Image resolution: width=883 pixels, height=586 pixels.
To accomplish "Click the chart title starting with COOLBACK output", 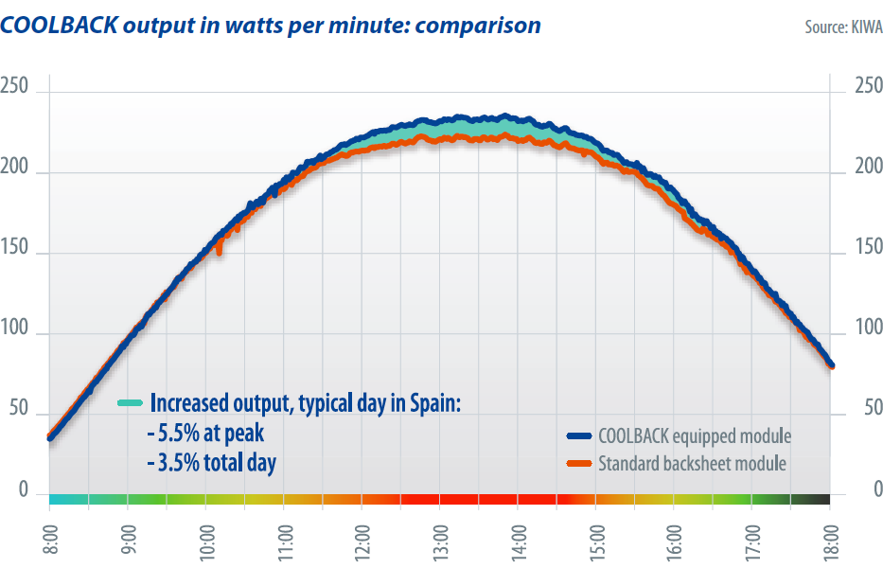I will pyautogui.click(x=271, y=26).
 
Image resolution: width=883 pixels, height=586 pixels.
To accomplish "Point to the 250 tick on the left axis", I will pyautogui.click(x=19, y=87).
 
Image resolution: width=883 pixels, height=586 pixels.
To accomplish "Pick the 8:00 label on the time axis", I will pyautogui.click(x=49, y=535).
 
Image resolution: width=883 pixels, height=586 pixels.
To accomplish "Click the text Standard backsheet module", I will pyautogui.click(x=692, y=464).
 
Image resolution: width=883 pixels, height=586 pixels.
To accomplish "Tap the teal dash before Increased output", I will pyautogui.click(x=130, y=402).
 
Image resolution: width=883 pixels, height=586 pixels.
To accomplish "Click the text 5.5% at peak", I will pyautogui.click(x=208, y=434).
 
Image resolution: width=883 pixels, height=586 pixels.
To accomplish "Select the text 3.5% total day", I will pyautogui.click(x=213, y=464).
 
